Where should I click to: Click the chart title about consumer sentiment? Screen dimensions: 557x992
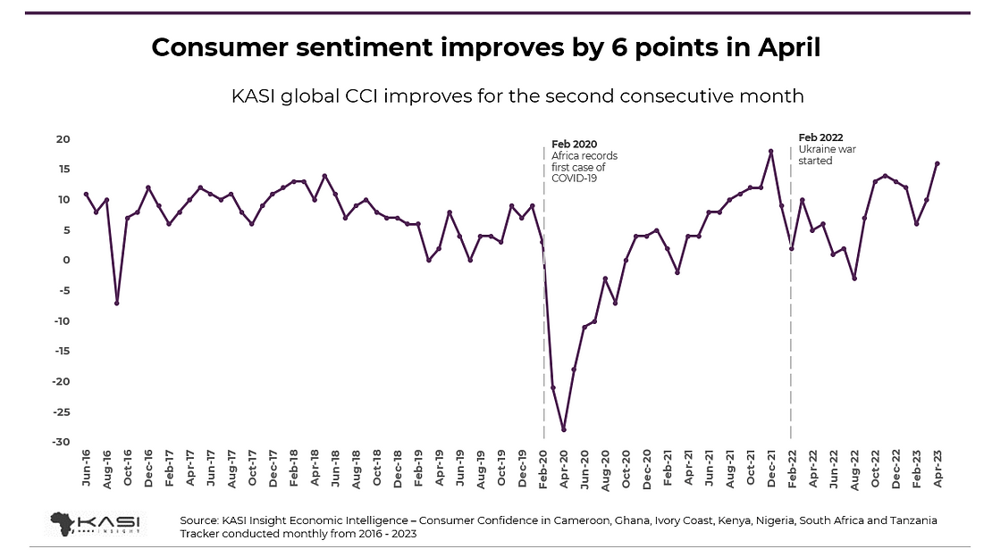(x=485, y=48)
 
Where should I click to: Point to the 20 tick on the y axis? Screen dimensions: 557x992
(x=64, y=138)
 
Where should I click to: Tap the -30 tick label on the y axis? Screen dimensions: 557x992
(x=61, y=443)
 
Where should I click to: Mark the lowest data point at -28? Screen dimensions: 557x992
(x=564, y=430)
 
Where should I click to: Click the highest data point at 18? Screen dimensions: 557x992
(x=770, y=151)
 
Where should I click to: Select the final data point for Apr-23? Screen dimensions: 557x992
(x=937, y=163)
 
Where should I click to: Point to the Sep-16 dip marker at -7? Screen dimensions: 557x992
(x=117, y=303)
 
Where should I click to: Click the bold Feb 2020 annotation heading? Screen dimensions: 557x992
(x=574, y=144)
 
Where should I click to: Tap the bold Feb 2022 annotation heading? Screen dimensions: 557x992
(x=820, y=137)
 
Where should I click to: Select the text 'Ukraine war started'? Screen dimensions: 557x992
(x=827, y=155)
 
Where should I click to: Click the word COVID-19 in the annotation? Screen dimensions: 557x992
(x=574, y=179)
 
